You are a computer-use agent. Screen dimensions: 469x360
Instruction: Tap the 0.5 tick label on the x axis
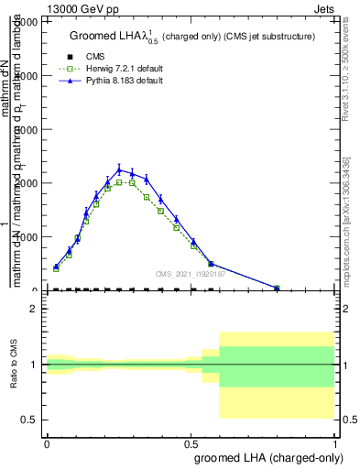191,442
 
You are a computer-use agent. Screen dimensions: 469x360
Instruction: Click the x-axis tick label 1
335,442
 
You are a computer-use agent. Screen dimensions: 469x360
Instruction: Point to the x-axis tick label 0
47,442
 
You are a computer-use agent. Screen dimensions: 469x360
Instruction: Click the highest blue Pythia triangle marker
119,169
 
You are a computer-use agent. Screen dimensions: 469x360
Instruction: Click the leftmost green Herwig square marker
56,268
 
